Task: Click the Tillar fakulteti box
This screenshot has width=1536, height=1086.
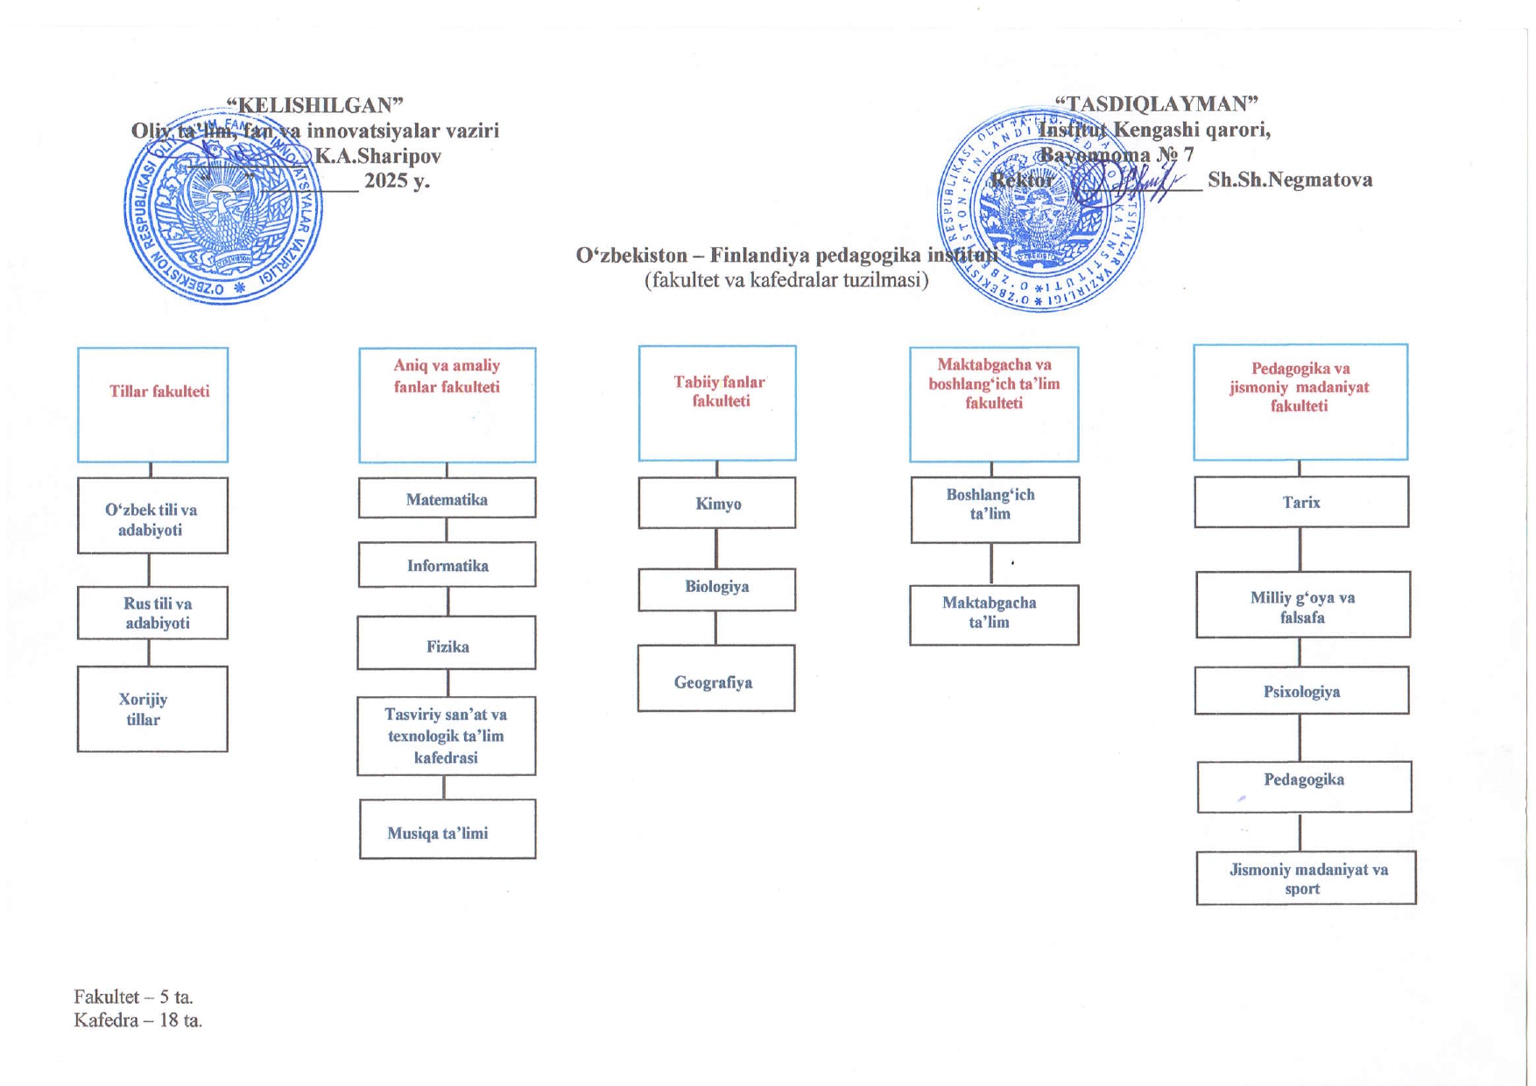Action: pyautogui.click(x=152, y=405)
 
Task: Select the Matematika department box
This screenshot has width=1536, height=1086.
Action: pyautogui.click(x=447, y=498)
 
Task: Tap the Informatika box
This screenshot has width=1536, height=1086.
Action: pyautogui.click(x=447, y=565)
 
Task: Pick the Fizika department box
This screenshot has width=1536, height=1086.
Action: pyautogui.click(x=447, y=644)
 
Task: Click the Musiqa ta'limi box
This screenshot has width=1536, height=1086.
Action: pyautogui.click(x=447, y=829)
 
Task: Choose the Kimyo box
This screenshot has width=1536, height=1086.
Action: pyautogui.click(x=716, y=503)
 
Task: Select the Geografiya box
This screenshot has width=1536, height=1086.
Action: pyautogui.click(x=715, y=679)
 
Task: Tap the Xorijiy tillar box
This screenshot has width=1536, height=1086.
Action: pyautogui.click(x=152, y=709)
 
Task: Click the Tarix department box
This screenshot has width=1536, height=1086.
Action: pyautogui.click(x=1301, y=502)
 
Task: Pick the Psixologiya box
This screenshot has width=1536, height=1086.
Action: pyautogui.click(x=1301, y=691)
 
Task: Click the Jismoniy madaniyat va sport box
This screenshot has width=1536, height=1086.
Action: pyautogui.click(x=1306, y=878)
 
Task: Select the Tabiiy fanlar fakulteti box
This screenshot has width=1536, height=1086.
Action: pyautogui.click(x=717, y=403)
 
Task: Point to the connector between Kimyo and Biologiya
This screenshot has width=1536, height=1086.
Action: pyautogui.click(x=716, y=548)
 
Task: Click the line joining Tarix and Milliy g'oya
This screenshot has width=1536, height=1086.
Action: pyautogui.click(x=1300, y=549)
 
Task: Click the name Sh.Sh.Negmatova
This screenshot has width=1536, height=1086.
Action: pyautogui.click(x=1290, y=180)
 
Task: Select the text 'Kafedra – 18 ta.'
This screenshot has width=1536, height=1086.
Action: pyautogui.click(x=138, y=1020)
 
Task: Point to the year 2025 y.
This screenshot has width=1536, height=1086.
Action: pyautogui.click(x=397, y=180)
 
